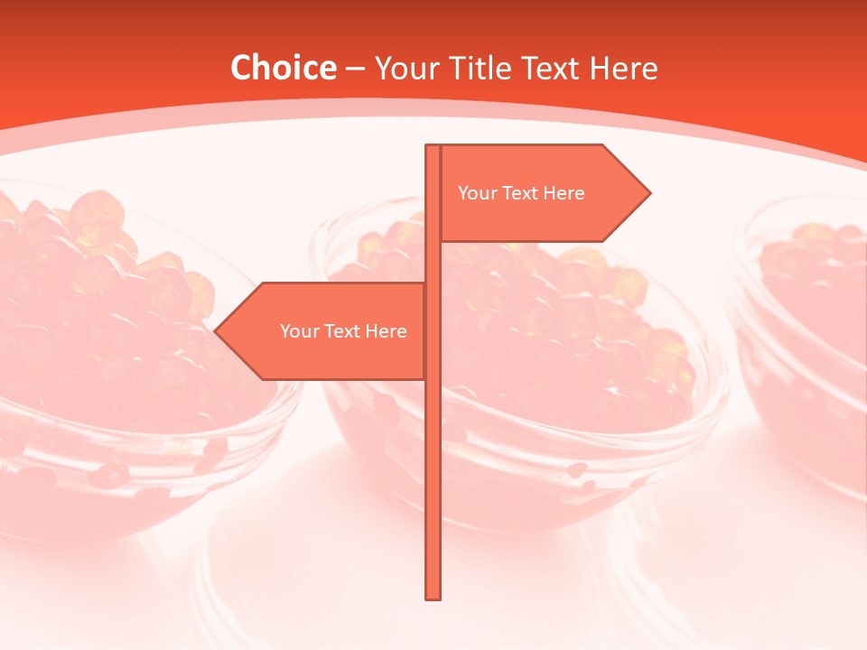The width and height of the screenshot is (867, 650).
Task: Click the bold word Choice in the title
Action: pos(283,68)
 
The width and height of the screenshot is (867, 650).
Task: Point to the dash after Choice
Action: pos(355,69)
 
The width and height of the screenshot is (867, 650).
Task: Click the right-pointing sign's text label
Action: pos(521,193)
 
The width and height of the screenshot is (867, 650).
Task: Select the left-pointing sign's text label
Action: pos(343,331)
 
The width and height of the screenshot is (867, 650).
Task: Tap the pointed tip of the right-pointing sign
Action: pos(648,193)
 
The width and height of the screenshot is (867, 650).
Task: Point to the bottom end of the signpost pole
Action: pos(433,596)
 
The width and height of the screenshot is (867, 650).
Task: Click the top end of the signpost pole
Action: pos(433,148)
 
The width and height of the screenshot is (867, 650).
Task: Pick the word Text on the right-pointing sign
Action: pos(522,193)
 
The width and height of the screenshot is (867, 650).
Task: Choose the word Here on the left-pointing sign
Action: pos(386,331)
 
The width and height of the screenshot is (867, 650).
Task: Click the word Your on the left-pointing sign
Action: pos(300,331)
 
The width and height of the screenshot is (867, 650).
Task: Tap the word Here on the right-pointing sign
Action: pos(564,193)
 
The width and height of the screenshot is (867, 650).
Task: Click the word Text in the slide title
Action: pos(550,68)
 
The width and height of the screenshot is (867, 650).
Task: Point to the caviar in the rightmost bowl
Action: pos(813,271)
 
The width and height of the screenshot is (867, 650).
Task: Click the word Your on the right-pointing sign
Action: pos(478,193)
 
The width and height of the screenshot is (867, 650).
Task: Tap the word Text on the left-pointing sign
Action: pos(344,331)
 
